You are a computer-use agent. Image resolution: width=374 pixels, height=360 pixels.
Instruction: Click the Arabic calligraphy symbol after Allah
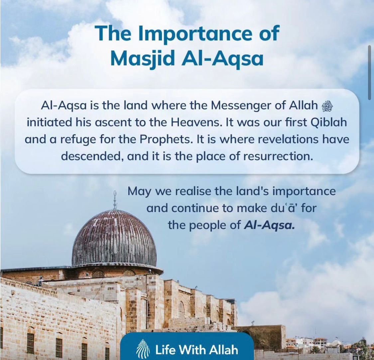[327, 106]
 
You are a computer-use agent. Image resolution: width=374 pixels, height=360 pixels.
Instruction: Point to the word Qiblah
[329, 123]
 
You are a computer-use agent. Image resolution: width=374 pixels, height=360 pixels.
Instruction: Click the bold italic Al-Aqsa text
[269, 225]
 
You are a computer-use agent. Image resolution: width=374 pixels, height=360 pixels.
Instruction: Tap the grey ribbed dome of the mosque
[114, 239]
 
